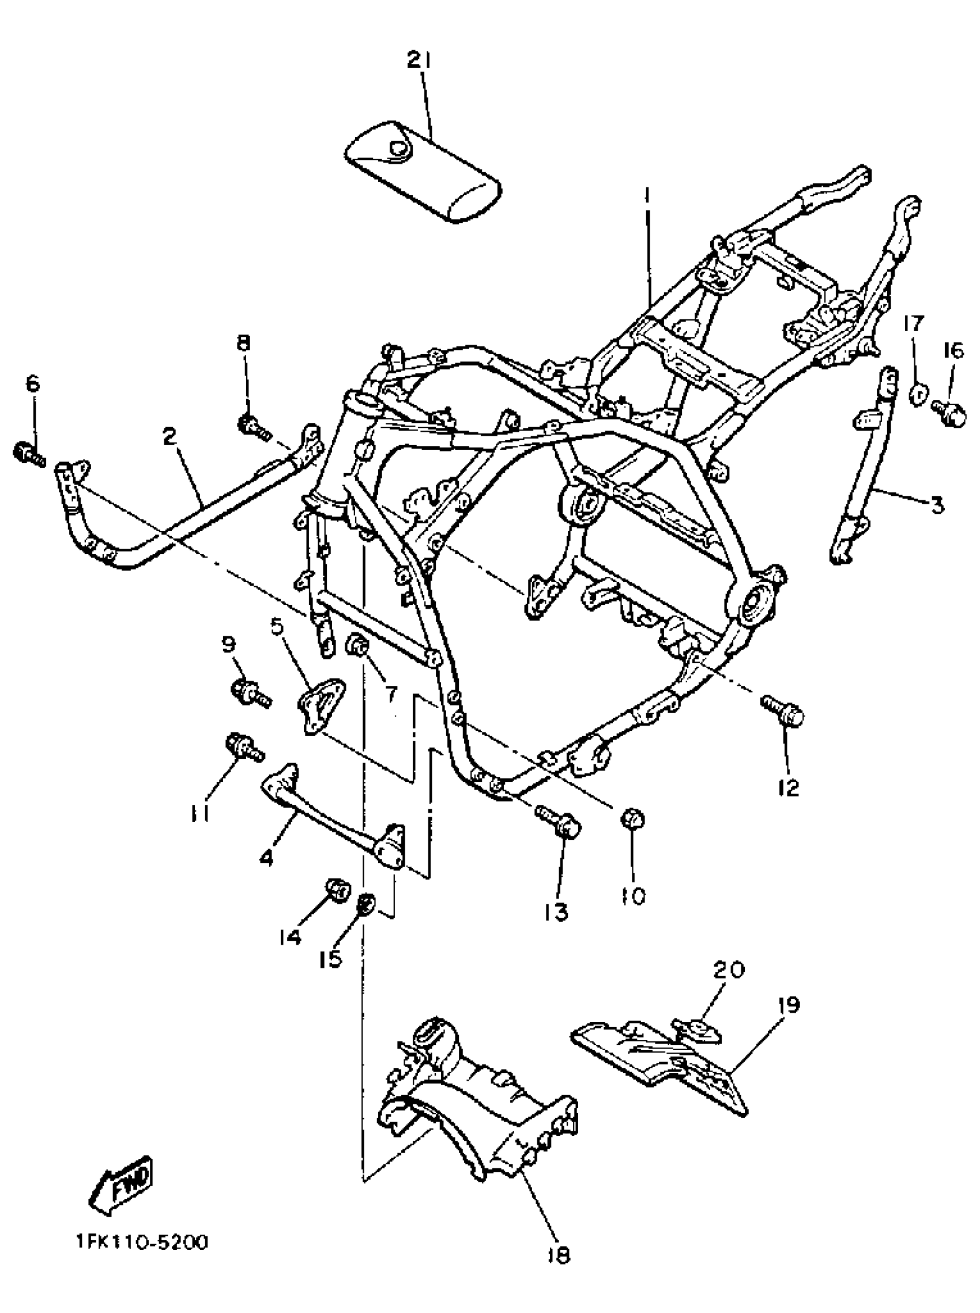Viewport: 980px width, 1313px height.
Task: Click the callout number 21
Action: [x=421, y=61]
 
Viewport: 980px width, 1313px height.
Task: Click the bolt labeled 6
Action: [x=27, y=454]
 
